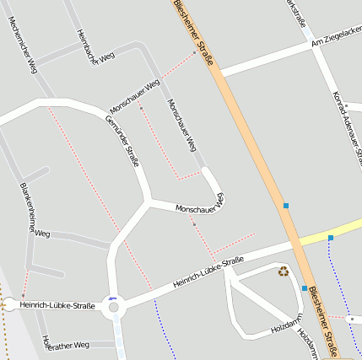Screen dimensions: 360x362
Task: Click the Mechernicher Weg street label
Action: (x=23, y=45)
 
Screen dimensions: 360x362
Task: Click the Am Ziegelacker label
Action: (x=336, y=36)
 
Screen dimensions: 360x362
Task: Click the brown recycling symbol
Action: (x=284, y=271)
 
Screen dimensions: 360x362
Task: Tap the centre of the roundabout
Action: (x=115, y=308)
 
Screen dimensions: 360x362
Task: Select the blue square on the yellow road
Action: (x=331, y=238)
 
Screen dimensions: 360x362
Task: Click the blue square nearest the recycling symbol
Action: (x=305, y=288)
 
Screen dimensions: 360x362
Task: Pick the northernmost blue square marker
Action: (x=286, y=206)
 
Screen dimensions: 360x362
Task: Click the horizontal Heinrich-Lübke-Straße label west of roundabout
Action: (x=57, y=305)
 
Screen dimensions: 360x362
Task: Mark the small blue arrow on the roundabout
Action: (x=112, y=298)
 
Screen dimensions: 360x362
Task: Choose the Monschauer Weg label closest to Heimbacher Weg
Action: (x=135, y=97)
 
